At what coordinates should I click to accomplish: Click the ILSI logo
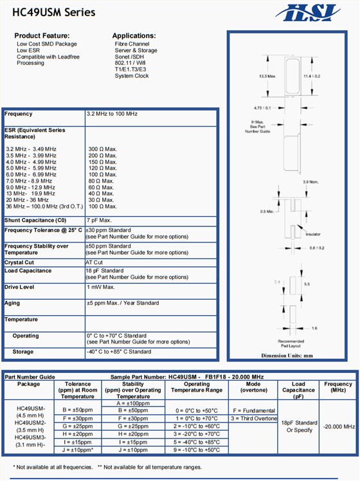(308, 12)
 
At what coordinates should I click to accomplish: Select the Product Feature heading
(42, 35)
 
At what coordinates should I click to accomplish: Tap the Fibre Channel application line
(132, 44)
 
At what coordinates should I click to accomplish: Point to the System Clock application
(132, 76)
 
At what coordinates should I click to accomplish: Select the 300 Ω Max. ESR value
(103, 149)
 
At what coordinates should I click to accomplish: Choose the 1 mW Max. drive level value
(101, 287)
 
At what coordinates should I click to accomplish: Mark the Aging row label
(13, 303)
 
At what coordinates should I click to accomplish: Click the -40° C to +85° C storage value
(119, 352)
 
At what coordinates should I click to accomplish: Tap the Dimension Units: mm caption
(287, 356)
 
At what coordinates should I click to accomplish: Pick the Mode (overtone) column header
(253, 387)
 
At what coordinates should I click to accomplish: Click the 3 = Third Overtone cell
(253, 418)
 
